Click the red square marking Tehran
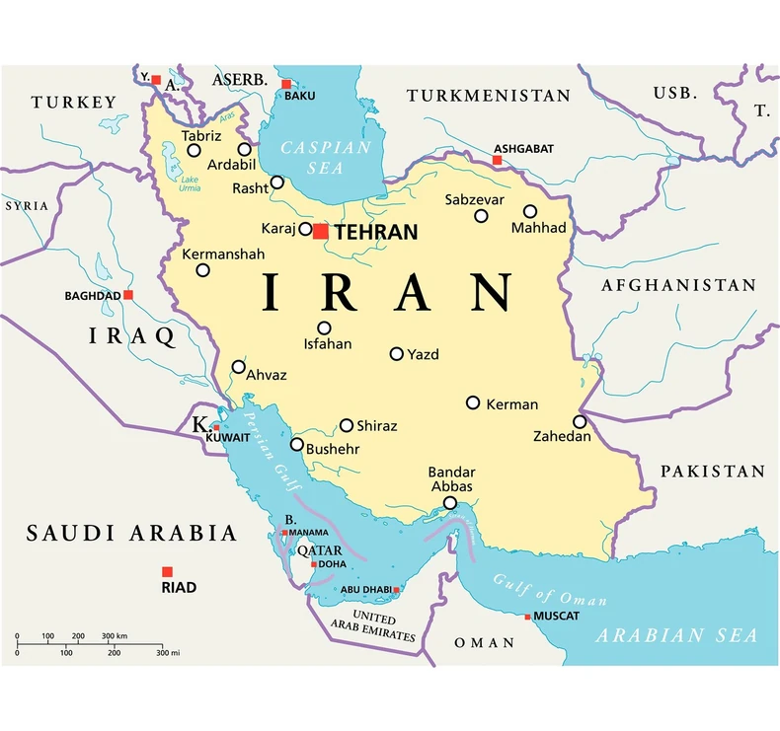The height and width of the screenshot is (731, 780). pyautogui.click(x=320, y=231)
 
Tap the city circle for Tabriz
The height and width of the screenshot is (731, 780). pyautogui.click(x=195, y=151)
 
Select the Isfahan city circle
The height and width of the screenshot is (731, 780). pyautogui.click(x=324, y=329)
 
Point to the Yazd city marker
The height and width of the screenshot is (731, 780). pyautogui.click(x=397, y=353)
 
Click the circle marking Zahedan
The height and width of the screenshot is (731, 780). pyautogui.click(x=580, y=421)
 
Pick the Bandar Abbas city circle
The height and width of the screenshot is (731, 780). pyautogui.click(x=450, y=503)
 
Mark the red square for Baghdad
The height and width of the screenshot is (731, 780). pyautogui.click(x=128, y=294)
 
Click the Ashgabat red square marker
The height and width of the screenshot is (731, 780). pyautogui.click(x=498, y=160)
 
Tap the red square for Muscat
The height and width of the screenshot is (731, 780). pyautogui.click(x=527, y=617)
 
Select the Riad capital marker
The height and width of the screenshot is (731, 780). pyautogui.click(x=167, y=571)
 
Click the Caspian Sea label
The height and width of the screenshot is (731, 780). pyautogui.click(x=326, y=157)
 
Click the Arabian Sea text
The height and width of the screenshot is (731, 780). pyautogui.click(x=676, y=634)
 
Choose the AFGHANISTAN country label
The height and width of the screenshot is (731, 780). pyautogui.click(x=678, y=285)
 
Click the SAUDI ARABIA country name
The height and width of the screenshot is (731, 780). pyautogui.click(x=131, y=534)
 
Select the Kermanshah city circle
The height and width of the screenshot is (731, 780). pyautogui.click(x=202, y=270)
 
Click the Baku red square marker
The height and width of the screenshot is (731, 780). pyautogui.click(x=286, y=84)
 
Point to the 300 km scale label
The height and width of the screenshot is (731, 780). pyautogui.click(x=115, y=635)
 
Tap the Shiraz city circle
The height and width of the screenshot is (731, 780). pyautogui.click(x=347, y=426)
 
